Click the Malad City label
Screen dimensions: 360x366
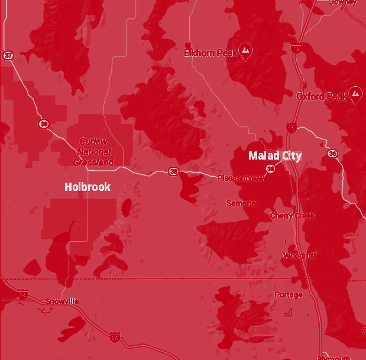[x=275, y=156]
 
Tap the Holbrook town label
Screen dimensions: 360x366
[x=88, y=187]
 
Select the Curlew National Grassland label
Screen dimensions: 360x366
[x=93, y=151]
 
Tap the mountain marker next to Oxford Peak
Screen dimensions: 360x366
[x=355, y=94]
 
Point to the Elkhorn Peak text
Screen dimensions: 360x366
[x=209, y=53]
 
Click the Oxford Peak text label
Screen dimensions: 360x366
[x=322, y=96]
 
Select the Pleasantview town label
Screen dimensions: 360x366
[x=241, y=178]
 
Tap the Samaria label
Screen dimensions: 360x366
[x=241, y=203]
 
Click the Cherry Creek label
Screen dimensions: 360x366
[x=293, y=216]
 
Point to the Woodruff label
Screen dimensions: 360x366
[x=299, y=256]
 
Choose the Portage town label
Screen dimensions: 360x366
[x=289, y=294]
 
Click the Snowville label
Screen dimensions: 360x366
[x=62, y=301]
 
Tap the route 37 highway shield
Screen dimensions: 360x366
[x=8, y=55]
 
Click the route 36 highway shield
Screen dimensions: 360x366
[x=332, y=154]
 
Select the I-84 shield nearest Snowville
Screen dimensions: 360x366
[x=23, y=294]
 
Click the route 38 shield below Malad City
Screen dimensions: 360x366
[x=270, y=169]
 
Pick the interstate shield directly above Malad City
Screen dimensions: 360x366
[x=291, y=127]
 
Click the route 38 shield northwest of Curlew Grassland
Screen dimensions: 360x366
[x=43, y=124]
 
